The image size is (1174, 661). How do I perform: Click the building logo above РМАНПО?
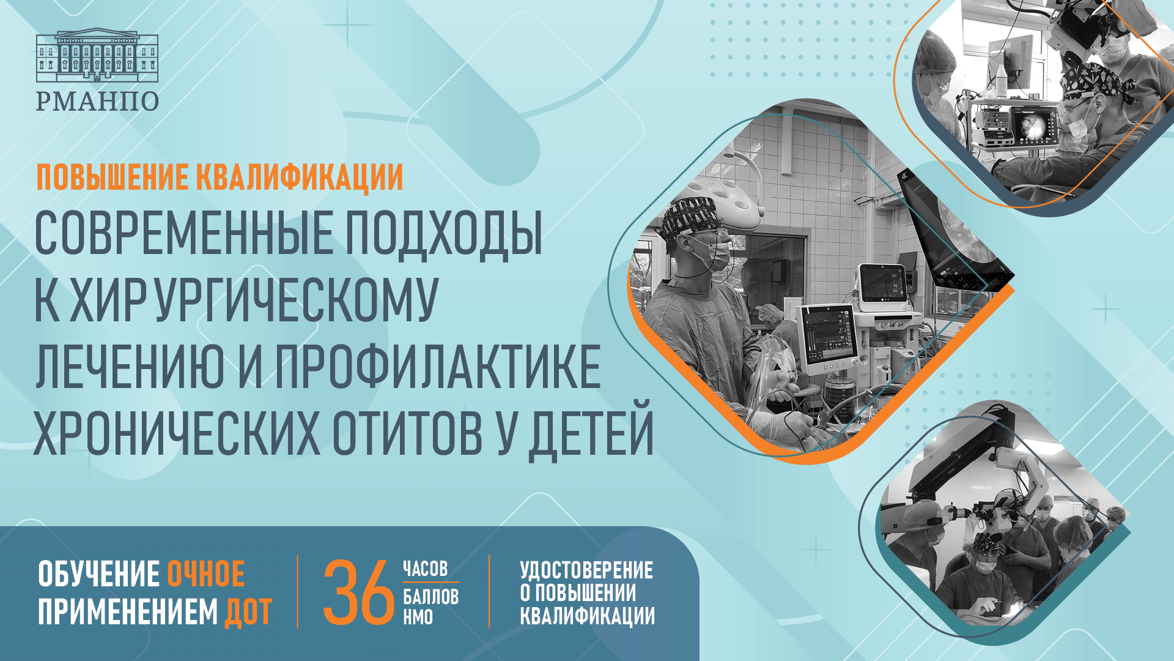point(97,56)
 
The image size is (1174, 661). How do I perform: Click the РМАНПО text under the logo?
point(97,101)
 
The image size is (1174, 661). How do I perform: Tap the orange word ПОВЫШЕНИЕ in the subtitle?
point(112,177)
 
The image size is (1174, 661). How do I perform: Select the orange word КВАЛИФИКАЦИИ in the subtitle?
point(299,177)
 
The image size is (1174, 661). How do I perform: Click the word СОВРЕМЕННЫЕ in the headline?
point(183,234)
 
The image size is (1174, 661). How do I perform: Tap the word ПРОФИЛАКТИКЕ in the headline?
point(437,367)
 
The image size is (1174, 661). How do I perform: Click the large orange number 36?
point(358,592)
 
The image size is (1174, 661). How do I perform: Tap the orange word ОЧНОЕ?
point(206,574)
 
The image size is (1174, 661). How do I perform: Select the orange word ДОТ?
point(248,612)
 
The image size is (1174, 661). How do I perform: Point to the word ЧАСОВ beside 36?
point(425,569)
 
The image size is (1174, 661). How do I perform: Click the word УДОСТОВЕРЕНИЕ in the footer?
point(586,570)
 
